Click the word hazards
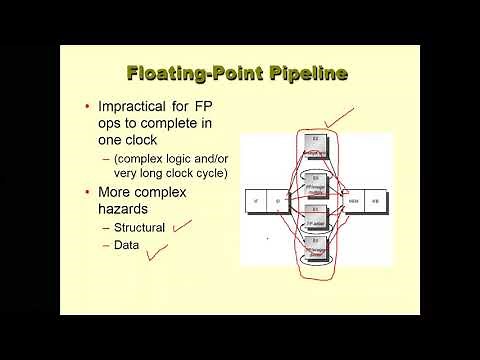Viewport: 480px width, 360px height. pos(124,209)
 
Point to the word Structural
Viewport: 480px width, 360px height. pos(139,227)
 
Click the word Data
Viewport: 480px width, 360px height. pos(126,244)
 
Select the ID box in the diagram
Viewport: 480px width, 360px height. pos(276,201)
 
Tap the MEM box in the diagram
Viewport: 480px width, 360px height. pos(352,201)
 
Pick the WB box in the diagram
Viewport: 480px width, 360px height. pos(376,201)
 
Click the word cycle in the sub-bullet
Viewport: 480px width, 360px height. pos(209,173)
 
